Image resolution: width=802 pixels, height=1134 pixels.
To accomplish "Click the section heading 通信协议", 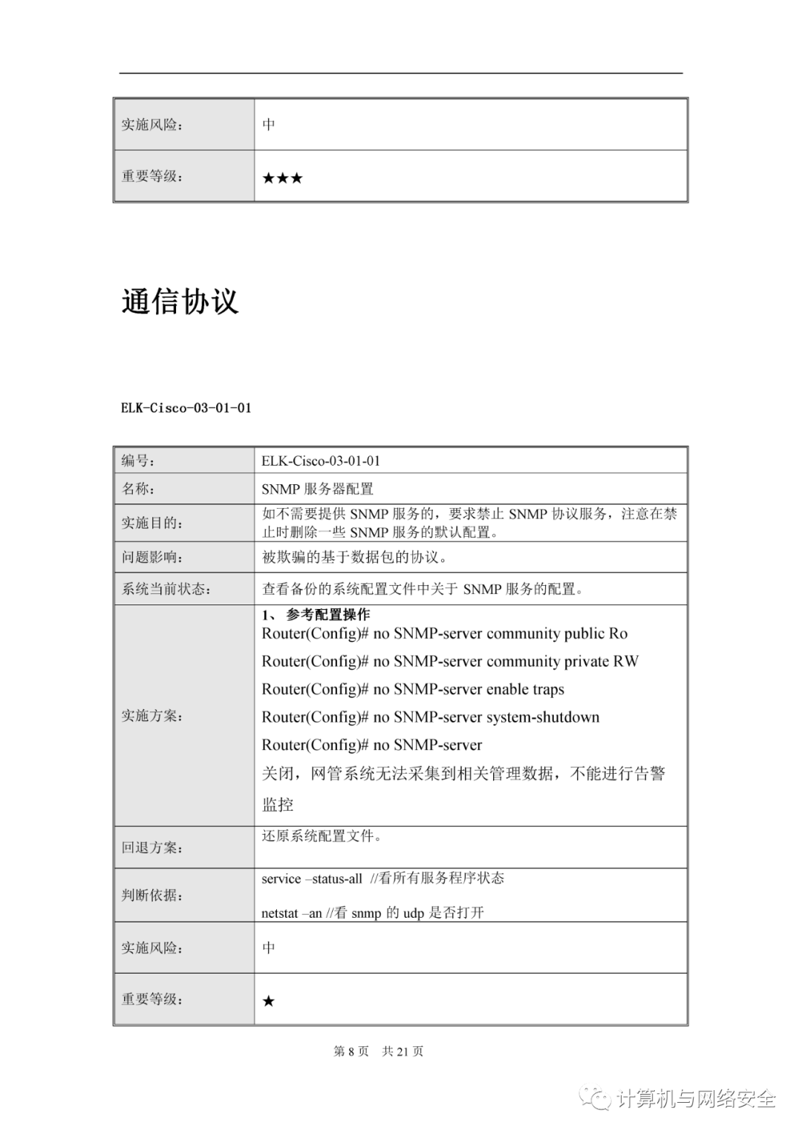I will tap(180, 302).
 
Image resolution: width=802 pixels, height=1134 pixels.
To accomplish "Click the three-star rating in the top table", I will tap(282, 178).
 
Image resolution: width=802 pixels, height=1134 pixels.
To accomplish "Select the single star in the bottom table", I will tap(268, 1001).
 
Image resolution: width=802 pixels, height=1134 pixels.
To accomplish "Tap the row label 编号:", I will tap(138, 460).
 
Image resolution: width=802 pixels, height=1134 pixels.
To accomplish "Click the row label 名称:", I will tap(138, 489).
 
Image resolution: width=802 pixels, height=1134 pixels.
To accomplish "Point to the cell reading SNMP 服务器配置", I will tap(317, 489).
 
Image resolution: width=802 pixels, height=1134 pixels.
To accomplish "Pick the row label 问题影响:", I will tap(152, 557).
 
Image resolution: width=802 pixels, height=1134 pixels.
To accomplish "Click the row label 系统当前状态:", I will tap(166, 589).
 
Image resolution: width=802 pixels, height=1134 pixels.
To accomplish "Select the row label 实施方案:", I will tap(152, 716).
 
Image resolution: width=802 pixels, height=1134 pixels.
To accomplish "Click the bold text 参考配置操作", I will tap(327, 615).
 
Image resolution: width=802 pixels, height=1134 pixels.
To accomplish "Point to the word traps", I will tap(548, 689).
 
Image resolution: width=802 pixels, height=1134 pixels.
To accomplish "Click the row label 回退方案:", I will tap(152, 847).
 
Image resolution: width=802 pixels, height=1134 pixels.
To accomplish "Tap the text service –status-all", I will tap(312, 879).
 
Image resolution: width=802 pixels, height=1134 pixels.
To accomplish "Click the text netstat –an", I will tap(292, 913).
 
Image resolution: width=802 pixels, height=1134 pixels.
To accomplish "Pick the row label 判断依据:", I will tap(152, 895).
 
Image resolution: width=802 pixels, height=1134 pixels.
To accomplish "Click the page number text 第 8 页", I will tap(351, 1051).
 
